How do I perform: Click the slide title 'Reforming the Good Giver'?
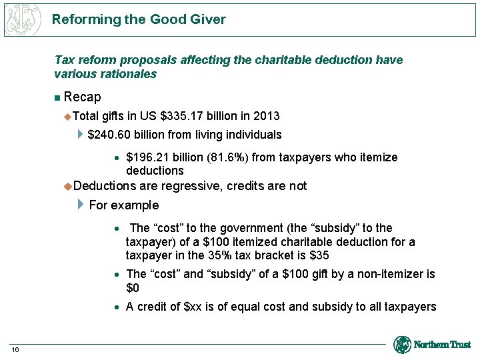pyautogui.click(x=139, y=19)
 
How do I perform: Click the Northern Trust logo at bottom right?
pyautogui.click(x=432, y=345)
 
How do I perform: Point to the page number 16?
pyautogui.click(x=15, y=351)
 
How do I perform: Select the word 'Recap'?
pyautogui.click(x=82, y=97)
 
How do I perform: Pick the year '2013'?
pyautogui.click(x=266, y=116)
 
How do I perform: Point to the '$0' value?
pyautogui.click(x=132, y=288)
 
